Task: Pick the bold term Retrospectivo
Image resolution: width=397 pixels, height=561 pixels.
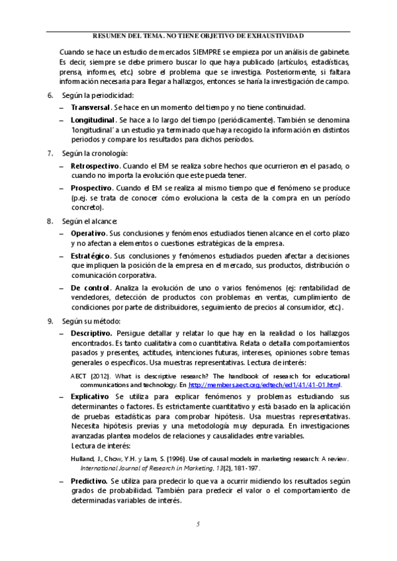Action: (95, 165)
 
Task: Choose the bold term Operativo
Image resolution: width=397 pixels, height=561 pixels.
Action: (88, 234)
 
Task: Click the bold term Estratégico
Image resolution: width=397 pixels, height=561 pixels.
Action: (91, 255)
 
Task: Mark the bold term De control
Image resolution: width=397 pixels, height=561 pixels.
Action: (90, 288)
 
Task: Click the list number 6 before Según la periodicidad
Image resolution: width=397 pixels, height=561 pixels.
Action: (50, 95)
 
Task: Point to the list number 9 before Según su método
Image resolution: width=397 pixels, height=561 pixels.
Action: (50, 321)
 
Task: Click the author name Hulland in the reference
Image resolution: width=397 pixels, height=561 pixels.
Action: (82, 457)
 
